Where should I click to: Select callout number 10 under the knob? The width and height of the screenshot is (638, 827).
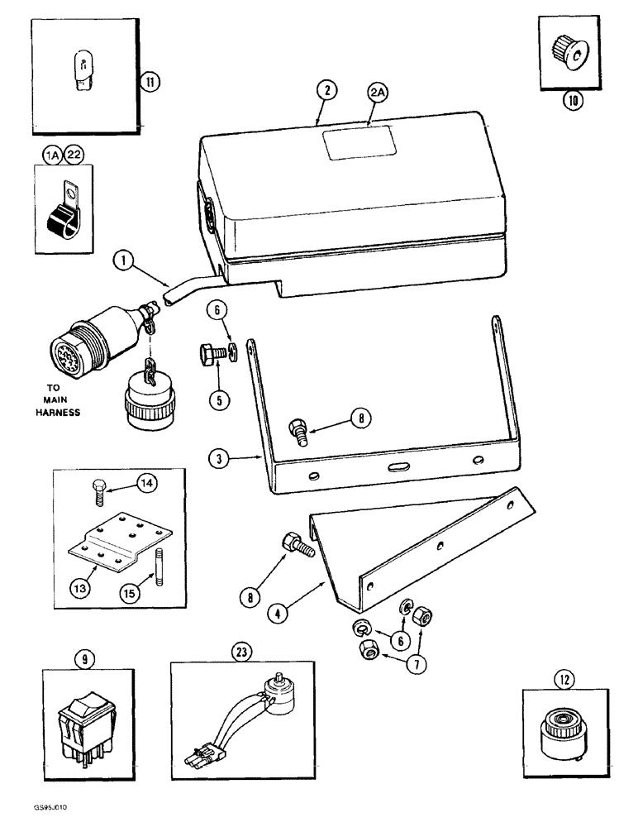[572, 101]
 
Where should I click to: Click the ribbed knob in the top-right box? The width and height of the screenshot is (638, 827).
[569, 51]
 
